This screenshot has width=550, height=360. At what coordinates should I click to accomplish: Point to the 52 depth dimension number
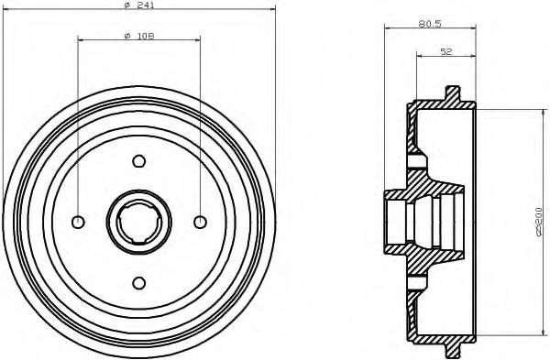446,52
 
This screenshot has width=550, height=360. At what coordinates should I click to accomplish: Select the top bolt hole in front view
139,162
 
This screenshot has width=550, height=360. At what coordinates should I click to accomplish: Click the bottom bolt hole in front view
139,281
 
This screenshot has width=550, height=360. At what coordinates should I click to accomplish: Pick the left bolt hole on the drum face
79,222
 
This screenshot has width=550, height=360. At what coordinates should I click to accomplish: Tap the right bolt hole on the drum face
199,222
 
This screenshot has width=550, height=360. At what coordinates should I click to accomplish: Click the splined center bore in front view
139,222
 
